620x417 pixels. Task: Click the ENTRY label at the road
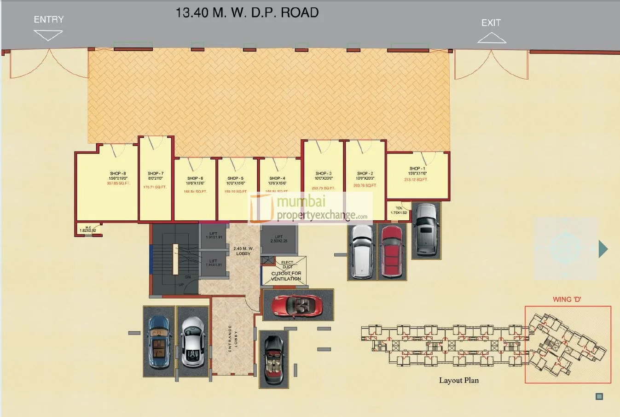pyautogui.click(x=48, y=19)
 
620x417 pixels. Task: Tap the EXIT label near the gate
pyautogui.click(x=491, y=23)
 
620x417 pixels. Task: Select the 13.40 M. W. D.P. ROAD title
pyautogui.click(x=247, y=12)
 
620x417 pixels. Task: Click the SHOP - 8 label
pyautogui.click(x=118, y=174)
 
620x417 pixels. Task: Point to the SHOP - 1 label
pyautogui.click(x=417, y=169)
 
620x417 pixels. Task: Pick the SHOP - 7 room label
pyautogui.click(x=156, y=174)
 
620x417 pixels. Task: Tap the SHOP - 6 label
pyautogui.click(x=195, y=178)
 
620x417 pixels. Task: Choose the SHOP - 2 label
pyautogui.click(x=365, y=174)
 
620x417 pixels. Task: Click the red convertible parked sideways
pyautogui.click(x=297, y=305)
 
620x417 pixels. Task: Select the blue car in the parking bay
pyautogui.click(x=159, y=341)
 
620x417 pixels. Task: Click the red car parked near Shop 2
pyautogui.click(x=392, y=252)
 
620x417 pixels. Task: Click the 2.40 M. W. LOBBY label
pyautogui.click(x=243, y=251)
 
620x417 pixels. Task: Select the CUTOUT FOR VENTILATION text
pyautogui.click(x=286, y=276)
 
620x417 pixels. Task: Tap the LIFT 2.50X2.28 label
pyautogui.click(x=278, y=239)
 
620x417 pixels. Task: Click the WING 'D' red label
pyautogui.click(x=567, y=300)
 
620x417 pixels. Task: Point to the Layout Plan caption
pyautogui.click(x=458, y=381)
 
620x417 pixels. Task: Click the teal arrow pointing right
pyautogui.click(x=603, y=249)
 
